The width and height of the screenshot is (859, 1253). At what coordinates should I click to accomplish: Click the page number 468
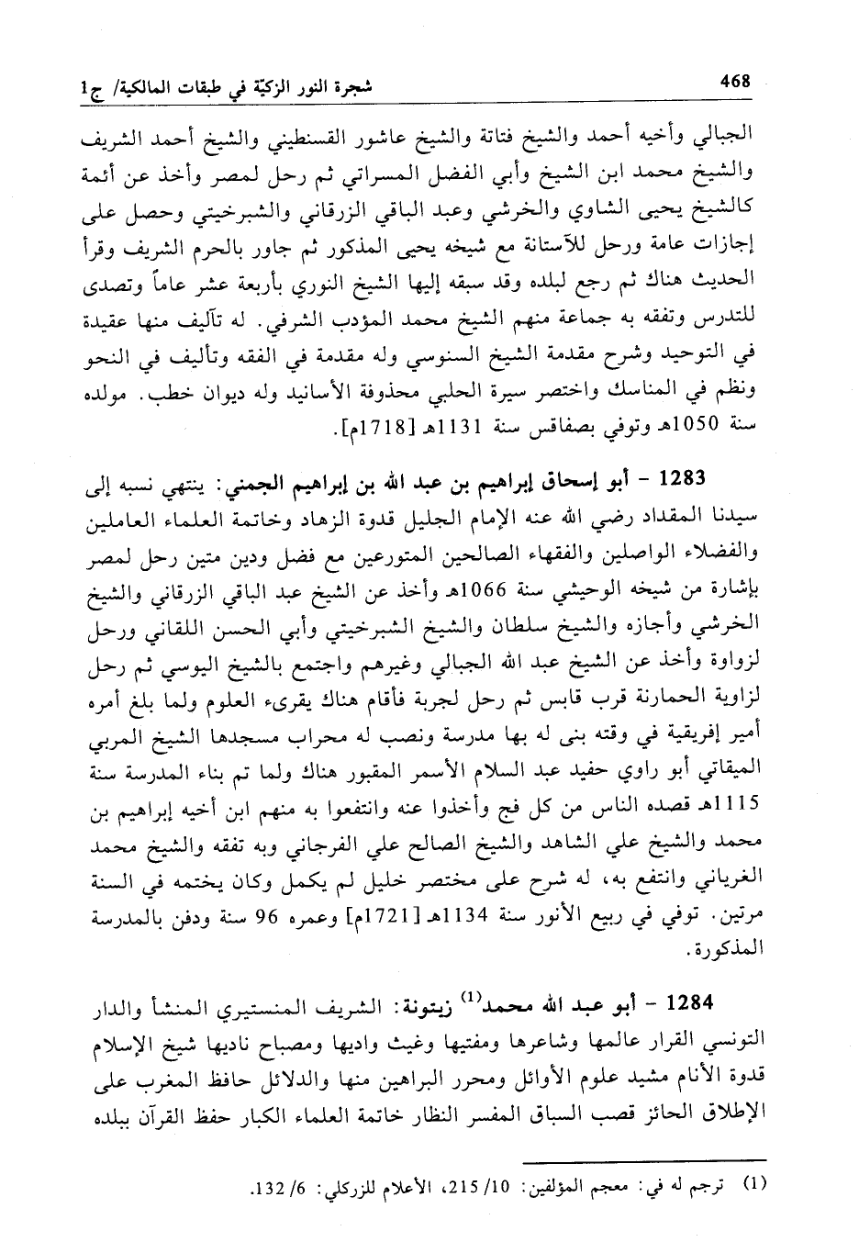(x=735, y=82)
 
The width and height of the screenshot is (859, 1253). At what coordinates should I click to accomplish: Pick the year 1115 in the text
(x=737, y=807)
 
